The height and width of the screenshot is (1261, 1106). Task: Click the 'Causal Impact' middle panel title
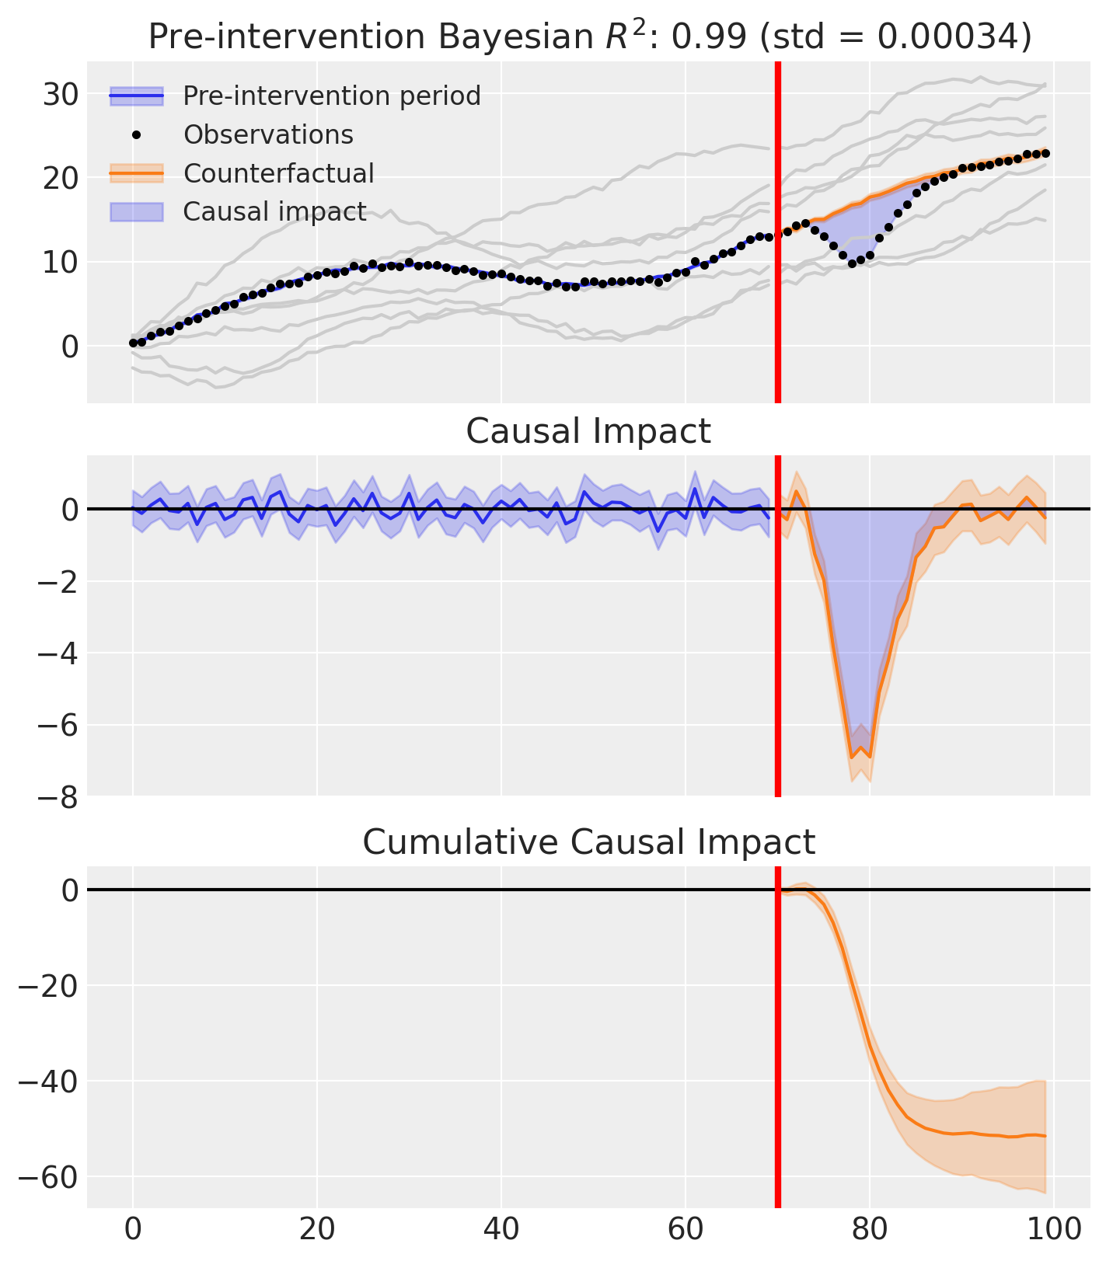click(x=588, y=432)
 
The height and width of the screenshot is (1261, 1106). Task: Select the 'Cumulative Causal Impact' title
click(x=588, y=843)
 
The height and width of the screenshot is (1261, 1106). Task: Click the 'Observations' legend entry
click(x=268, y=135)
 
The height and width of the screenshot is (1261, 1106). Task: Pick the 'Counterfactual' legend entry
click(x=278, y=173)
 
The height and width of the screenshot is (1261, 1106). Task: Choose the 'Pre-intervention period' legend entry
click(x=332, y=96)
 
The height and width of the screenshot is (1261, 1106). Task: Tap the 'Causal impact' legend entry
click(x=274, y=211)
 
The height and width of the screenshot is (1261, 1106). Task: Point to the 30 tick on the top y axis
click(x=60, y=95)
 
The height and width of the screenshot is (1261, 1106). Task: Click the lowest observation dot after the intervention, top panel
click(x=852, y=263)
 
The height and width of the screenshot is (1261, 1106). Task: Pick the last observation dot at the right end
click(x=1045, y=154)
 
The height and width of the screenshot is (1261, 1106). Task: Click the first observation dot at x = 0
click(x=133, y=343)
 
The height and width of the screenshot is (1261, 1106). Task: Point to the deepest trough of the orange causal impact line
click(x=852, y=758)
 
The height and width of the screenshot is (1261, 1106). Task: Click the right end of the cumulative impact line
click(x=1045, y=1136)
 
